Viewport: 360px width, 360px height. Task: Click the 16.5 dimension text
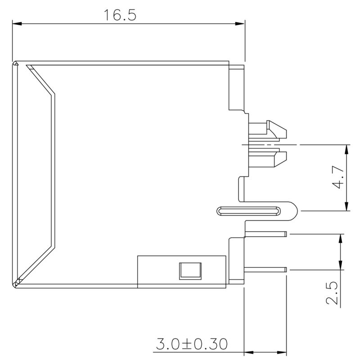(x=120, y=14)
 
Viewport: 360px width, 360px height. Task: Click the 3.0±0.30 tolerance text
(x=192, y=345)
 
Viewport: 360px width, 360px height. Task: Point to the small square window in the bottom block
(x=190, y=270)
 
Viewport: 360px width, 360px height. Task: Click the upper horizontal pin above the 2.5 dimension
(x=265, y=234)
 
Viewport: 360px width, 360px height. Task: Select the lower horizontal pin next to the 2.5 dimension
(x=265, y=270)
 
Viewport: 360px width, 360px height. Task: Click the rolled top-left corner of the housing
(x=16, y=63)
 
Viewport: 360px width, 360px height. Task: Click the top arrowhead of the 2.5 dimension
(x=341, y=238)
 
